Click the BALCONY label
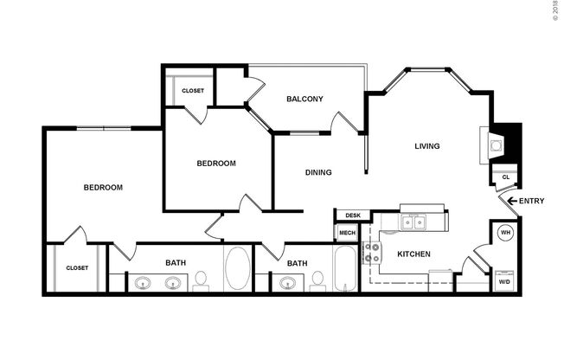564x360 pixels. point(304,99)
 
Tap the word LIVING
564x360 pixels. point(427,146)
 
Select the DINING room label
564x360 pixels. point(318,172)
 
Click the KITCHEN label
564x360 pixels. point(413,254)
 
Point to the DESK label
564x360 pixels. point(352,215)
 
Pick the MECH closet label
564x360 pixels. point(347,233)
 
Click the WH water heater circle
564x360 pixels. point(504,233)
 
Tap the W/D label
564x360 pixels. point(504,282)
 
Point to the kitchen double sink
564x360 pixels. point(413,223)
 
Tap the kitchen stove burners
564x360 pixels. point(372,253)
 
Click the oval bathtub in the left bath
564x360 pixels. point(236,269)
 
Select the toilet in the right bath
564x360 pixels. point(317,280)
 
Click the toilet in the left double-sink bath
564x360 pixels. point(201,280)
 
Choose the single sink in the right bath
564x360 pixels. point(286,282)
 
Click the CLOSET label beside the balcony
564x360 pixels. point(192,89)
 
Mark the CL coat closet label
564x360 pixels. point(504,177)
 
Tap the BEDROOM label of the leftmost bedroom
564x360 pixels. point(103,188)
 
